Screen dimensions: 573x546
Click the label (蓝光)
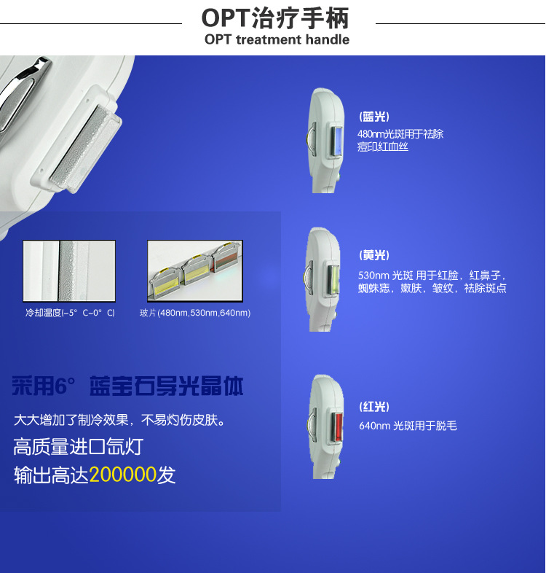click(x=374, y=117)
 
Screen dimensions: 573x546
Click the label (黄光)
click(x=375, y=255)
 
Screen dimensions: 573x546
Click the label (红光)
click(x=375, y=407)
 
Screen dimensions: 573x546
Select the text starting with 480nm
click(x=400, y=140)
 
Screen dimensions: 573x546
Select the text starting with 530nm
click(x=432, y=282)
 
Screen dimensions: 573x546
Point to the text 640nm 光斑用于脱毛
click(x=408, y=426)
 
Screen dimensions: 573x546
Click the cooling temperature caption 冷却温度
click(x=70, y=313)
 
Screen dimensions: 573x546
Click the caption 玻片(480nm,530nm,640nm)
click(x=195, y=313)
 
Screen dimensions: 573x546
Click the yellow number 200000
click(x=123, y=475)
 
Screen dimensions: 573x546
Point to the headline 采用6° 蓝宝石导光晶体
click(x=127, y=386)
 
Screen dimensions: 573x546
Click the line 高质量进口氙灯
click(x=78, y=447)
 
